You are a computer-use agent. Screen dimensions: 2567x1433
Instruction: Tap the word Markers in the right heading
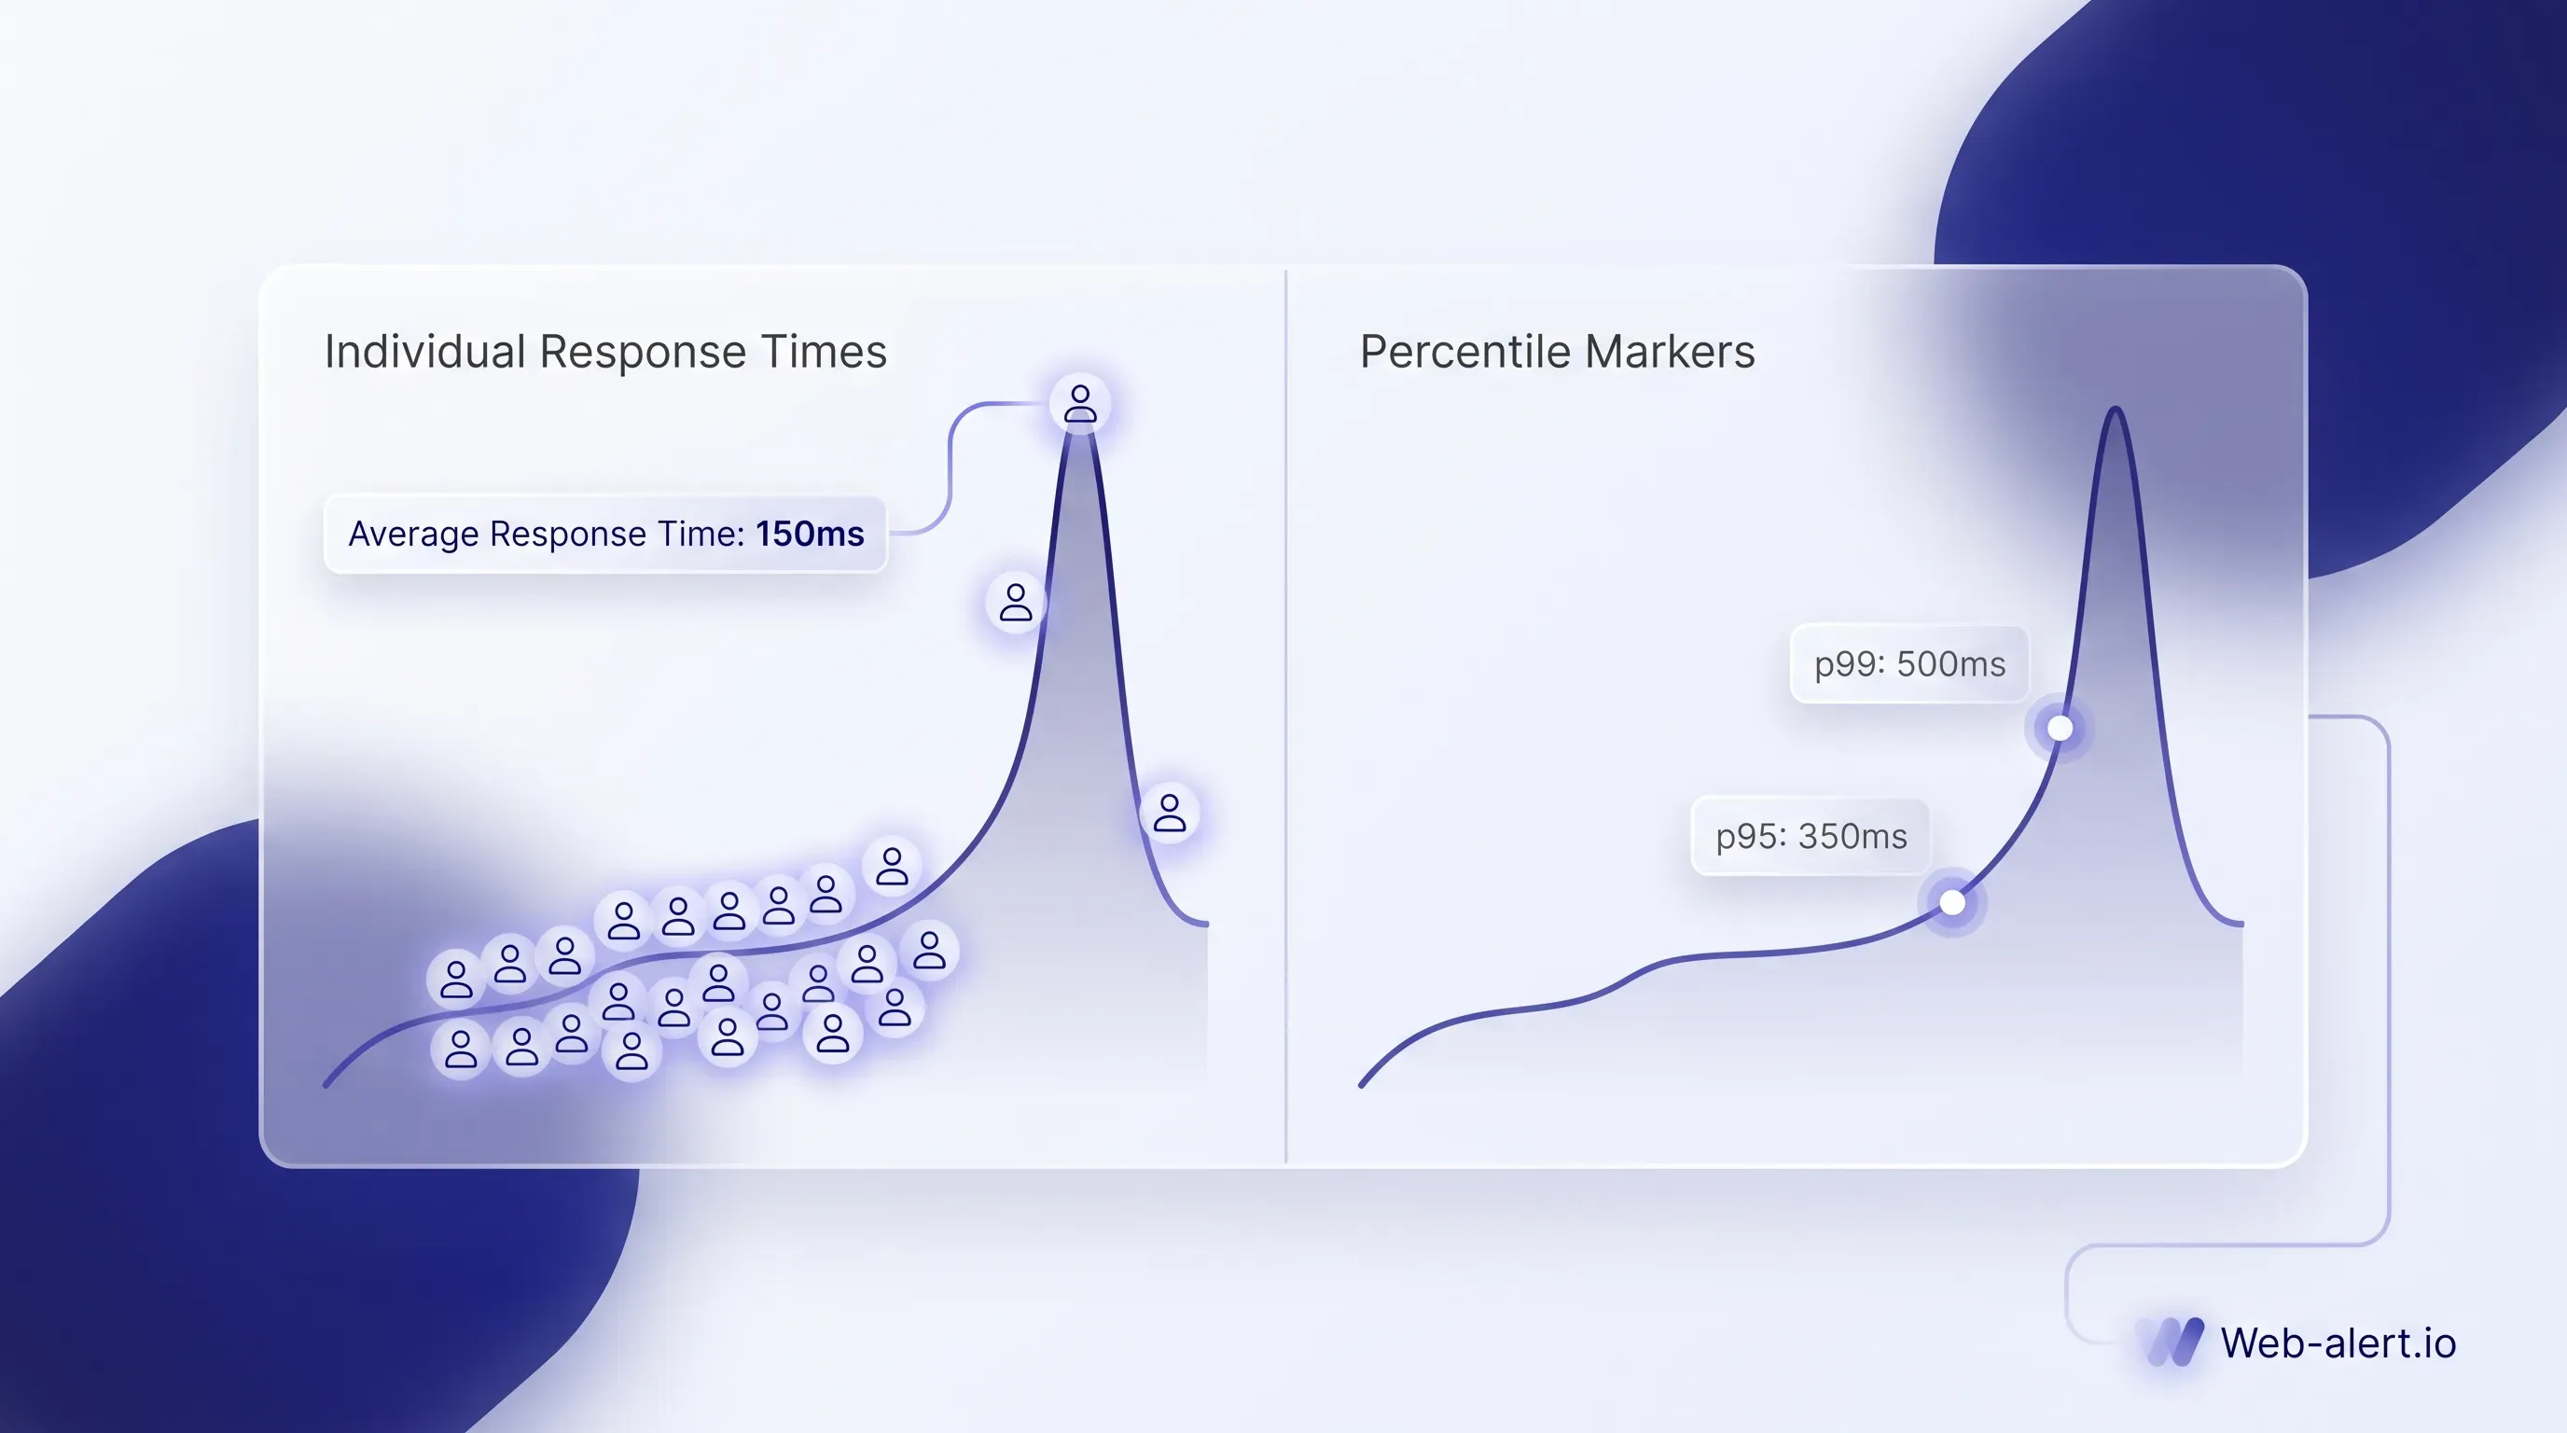click(1671, 352)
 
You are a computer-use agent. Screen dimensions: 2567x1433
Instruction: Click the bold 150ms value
click(809, 535)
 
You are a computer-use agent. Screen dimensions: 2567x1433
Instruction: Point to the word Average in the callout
click(413, 535)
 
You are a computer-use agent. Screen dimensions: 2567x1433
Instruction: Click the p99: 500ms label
click(1909, 663)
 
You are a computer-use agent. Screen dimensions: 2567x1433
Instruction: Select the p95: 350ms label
click(1811, 836)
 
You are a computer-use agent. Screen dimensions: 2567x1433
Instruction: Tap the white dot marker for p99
click(2060, 729)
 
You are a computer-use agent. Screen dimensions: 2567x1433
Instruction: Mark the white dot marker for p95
click(1952, 903)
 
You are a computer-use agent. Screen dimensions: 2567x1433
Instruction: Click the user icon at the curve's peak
click(1080, 404)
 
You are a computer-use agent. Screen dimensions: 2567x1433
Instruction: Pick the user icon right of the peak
click(1170, 813)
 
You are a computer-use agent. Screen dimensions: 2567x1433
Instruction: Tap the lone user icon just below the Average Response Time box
click(1016, 603)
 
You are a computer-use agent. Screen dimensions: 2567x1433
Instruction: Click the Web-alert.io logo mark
click(2175, 1343)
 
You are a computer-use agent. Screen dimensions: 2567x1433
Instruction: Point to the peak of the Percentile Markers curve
click(2115, 410)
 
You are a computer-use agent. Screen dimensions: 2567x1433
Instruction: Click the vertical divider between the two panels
click(1285, 716)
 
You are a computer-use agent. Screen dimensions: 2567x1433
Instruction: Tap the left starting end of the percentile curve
click(1362, 1084)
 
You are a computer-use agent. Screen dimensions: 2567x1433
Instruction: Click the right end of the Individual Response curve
click(1206, 925)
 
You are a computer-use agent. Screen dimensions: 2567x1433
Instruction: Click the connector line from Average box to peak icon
click(950, 468)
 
